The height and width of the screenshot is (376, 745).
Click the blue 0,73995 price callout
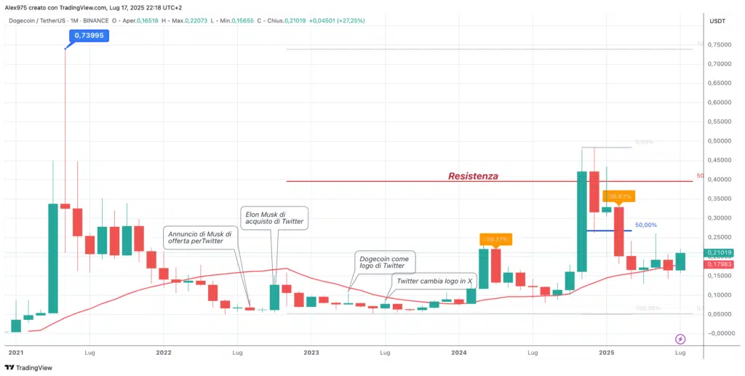click(88, 35)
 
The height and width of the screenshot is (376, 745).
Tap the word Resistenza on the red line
click(473, 176)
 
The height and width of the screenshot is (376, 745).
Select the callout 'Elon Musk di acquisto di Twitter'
click(273, 217)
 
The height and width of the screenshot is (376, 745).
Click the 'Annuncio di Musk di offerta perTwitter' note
click(201, 239)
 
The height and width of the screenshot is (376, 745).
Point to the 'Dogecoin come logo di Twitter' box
click(384, 263)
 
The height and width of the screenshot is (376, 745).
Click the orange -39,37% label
click(497, 239)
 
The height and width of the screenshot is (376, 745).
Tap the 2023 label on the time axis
click(311, 352)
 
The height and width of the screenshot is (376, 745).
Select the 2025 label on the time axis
click(607, 352)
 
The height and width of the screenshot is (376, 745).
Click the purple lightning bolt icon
click(680, 339)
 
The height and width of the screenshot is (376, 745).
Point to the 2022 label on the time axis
click(163, 352)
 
